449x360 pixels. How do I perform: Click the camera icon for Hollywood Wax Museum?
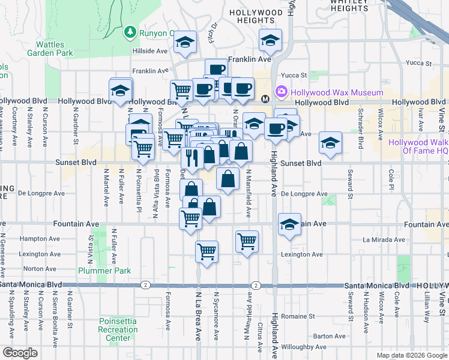[x=281, y=92]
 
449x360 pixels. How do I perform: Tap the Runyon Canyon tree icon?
[x=130, y=32]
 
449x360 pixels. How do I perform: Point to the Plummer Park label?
[x=112, y=271]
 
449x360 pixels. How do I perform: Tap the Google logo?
[x=20, y=353]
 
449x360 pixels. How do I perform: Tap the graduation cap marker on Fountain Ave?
[x=289, y=224]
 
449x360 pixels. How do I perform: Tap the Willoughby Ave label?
[x=303, y=347]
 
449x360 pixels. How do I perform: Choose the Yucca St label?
[x=295, y=76]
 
